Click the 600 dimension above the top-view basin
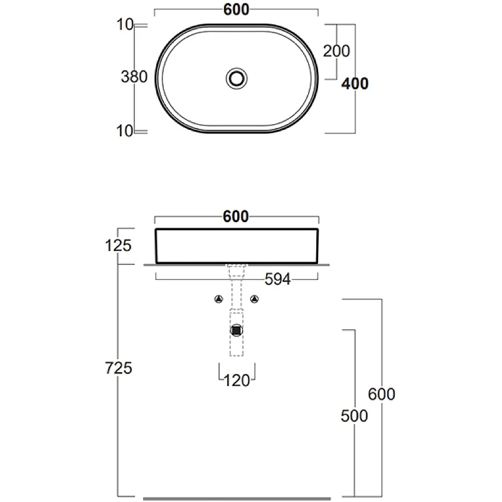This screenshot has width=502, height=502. coord(237,9)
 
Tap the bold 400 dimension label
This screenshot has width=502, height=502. coord(355,83)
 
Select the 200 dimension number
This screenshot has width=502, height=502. coord(336,51)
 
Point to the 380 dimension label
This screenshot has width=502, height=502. coord(134,77)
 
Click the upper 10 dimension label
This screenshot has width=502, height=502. coord(125,24)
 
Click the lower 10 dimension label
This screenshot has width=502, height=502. coord(124,131)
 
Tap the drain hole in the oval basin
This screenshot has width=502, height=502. coord(237,78)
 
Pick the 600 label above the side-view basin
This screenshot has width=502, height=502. coord(236,216)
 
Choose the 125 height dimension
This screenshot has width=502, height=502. coord(118,245)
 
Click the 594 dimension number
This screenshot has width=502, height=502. coord(277,279)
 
